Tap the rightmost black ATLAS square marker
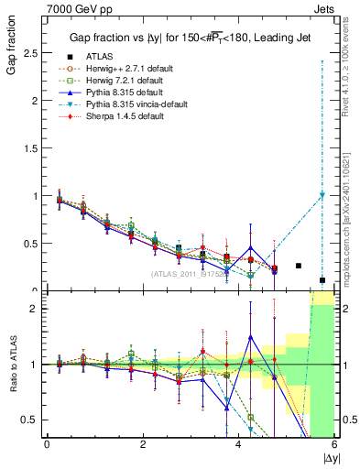click(322, 280)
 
